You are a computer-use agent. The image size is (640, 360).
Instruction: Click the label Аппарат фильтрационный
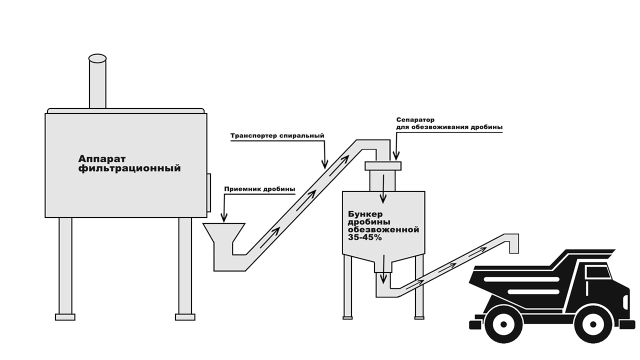pos(129,163)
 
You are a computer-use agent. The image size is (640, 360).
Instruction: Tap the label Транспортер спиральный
pos(277,135)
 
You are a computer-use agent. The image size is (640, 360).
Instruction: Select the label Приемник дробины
pos(259,189)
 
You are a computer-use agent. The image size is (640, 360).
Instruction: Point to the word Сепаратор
pos(415,119)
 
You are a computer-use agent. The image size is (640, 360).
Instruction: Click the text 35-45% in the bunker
pos(365,237)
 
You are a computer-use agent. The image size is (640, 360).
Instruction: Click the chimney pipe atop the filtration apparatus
pos(97,81)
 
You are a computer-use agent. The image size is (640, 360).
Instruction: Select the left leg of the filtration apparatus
pos(65,268)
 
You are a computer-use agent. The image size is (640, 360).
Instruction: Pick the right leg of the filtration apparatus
pos(185,268)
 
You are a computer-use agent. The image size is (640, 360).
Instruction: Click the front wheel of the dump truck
pos(593,324)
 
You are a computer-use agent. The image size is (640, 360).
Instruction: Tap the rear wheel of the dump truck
pos(503,324)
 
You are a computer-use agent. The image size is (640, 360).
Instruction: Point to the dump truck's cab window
pos(597,271)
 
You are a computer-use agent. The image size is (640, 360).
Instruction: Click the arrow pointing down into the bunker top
pos(383,189)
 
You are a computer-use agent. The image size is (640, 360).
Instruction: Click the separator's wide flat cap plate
pos(383,166)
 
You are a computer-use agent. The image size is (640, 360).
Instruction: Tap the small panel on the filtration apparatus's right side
pos(209,192)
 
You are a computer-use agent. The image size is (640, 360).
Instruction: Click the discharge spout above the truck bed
pos(514,243)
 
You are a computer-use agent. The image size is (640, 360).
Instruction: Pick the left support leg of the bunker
pos(347,286)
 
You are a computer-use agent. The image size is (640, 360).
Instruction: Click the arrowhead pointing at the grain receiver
pos(224,218)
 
